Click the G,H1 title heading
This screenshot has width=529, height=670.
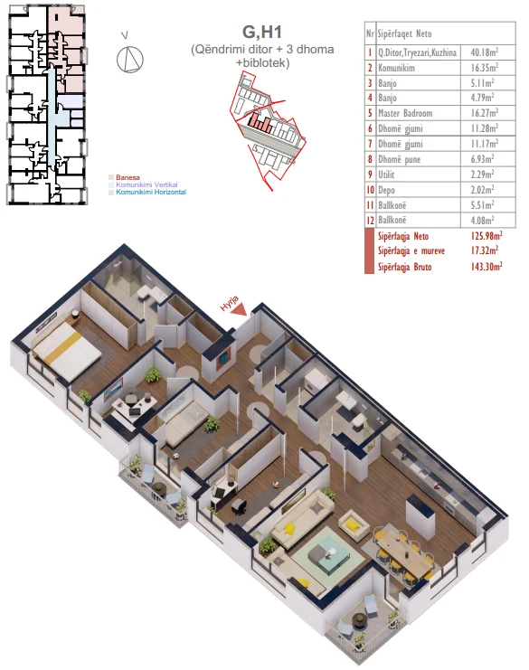tap(262, 32)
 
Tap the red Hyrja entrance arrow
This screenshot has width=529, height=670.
tap(240, 309)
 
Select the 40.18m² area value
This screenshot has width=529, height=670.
tap(485, 52)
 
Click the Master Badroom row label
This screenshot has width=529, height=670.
tap(405, 113)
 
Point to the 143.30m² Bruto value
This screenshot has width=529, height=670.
tap(486, 267)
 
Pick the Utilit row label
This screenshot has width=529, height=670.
tap(386, 175)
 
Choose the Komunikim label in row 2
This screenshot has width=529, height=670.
tap(396, 68)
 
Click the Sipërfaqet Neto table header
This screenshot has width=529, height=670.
tap(404, 33)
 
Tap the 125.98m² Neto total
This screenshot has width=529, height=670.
tap(486, 235)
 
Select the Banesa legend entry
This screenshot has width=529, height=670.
tap(128, 177)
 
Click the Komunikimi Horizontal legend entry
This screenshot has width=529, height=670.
tap(151, 193)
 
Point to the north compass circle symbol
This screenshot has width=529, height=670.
tap(130, 59)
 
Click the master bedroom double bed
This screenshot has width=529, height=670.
tap(67, 348)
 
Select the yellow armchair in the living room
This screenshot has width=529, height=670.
tap(354, 524)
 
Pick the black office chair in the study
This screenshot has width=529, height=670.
tap(239, 506)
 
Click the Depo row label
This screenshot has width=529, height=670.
tap(386, 190)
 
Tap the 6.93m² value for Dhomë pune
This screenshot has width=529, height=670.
tap(482, 159)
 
